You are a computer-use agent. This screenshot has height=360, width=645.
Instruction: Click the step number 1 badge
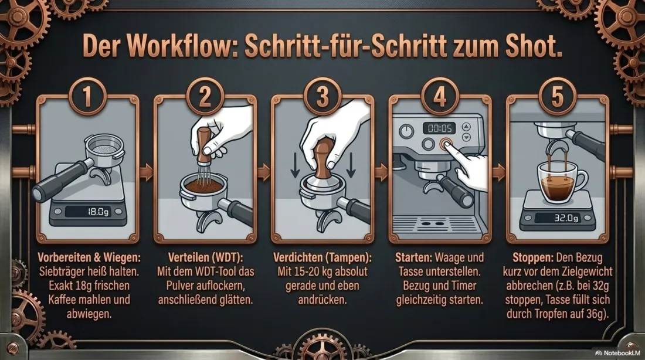pos(87,97)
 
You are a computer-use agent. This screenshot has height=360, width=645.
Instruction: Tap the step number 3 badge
pos(323,97)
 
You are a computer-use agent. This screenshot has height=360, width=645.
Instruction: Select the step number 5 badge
pos(558,97)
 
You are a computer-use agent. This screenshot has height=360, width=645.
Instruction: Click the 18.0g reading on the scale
pos(99,212)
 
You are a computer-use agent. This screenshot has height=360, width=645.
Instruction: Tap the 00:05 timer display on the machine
pos(439,128)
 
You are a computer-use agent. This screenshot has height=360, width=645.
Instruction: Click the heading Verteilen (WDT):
pos(206,257)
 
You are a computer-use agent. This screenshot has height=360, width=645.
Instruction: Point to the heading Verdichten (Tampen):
pos(322,257)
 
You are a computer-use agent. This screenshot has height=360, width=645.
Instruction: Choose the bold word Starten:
pos(413,257)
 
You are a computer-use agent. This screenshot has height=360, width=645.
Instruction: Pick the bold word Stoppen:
pos(532,257)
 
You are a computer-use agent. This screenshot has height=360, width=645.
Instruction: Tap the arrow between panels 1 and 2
pos(146,172)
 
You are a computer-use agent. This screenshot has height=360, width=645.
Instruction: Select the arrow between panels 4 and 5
pos(498,172)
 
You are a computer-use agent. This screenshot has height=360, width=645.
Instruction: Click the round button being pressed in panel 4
pos(446,144)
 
